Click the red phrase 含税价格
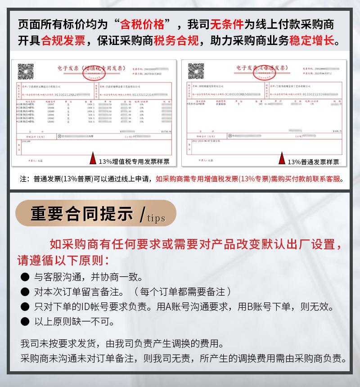click(148, 24)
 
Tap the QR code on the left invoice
click(25, 72)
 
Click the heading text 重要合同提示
click(82, 215)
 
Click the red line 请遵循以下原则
click(63, 260)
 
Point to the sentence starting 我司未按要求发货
click(121, 344)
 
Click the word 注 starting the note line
click(24, 179)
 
